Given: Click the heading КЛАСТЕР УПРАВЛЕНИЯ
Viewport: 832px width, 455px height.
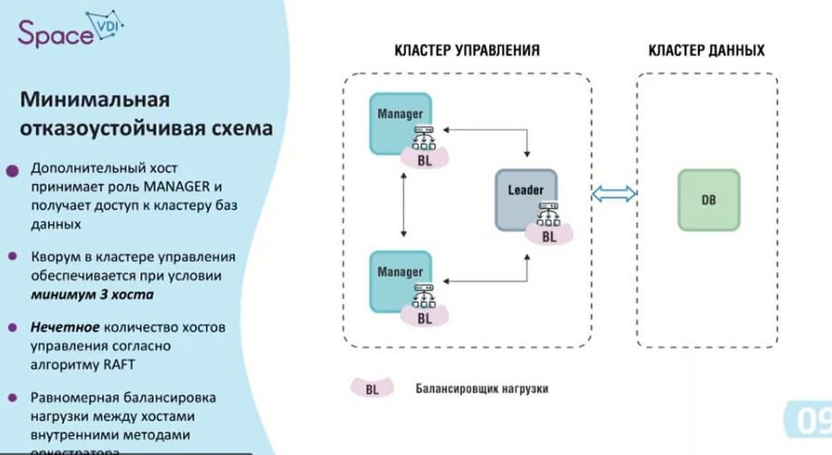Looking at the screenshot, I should point(468,51).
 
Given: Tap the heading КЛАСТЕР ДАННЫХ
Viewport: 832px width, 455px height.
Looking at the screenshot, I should point(706,51).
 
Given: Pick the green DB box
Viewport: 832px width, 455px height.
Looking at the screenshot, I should point(708,199).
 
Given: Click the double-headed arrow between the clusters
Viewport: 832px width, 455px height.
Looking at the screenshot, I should point(614,193).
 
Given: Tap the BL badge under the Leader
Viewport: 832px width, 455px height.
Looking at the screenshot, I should point(549,235).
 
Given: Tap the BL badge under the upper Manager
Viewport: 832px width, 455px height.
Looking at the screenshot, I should point(424,159).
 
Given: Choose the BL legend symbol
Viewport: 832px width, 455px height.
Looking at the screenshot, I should point(373,389).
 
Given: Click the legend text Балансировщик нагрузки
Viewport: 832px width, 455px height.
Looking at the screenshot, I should point(483,389).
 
